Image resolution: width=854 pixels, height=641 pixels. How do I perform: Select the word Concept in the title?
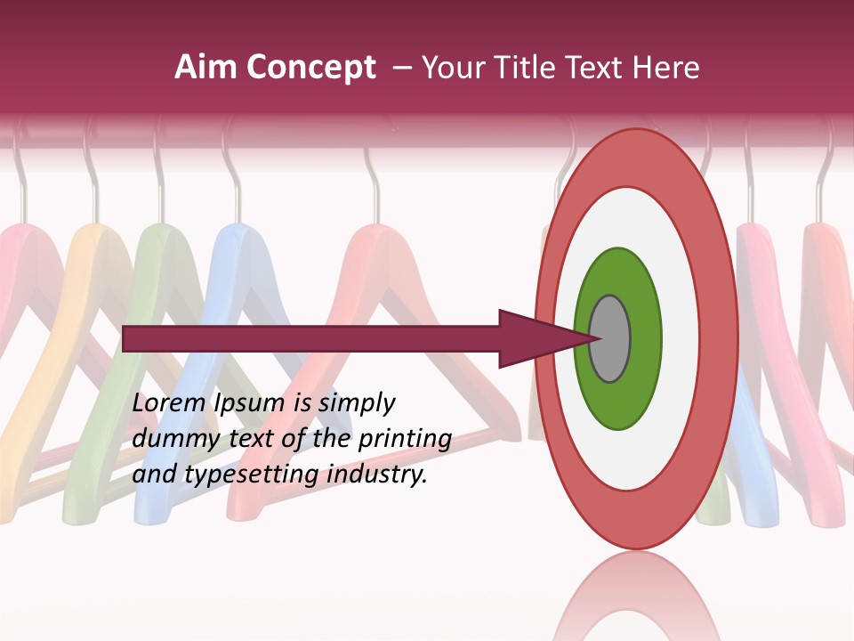(311, 68)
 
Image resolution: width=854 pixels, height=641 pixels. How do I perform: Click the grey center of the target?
(609, 338)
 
